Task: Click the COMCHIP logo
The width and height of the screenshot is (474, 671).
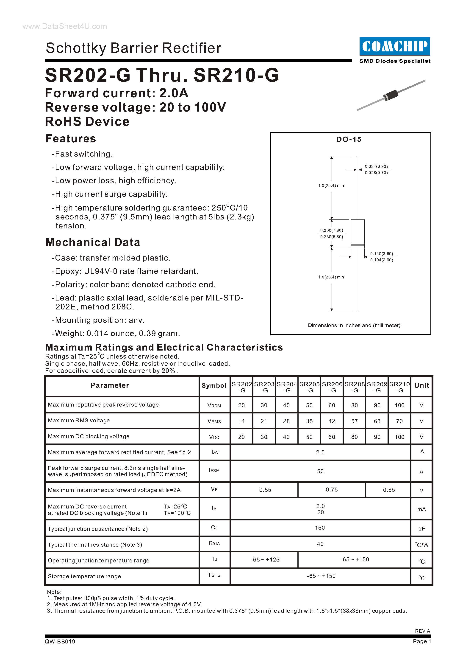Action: click(x=395, y=46)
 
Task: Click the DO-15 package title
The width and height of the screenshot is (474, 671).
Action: click(x=349, y=139)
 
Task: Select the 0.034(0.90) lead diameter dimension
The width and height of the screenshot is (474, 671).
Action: click(x=376, y=166)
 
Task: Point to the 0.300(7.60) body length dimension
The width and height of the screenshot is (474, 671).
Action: click(x=332, y=230)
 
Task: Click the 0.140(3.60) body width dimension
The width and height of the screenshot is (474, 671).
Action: click(x=382, y=253)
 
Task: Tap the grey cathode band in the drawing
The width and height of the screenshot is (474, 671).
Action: click(x=358, y=245)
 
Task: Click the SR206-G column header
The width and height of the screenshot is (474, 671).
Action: click(x=332, y=387)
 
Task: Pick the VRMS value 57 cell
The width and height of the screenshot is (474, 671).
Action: click(x=354, y=421)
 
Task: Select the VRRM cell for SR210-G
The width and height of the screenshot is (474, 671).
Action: click(x=399, y=405)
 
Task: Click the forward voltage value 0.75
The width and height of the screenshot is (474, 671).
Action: click(x=332, y=489)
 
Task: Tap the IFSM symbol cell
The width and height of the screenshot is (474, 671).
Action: click(x=214, y=470)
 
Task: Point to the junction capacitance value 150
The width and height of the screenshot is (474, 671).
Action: click(x=320, y=528)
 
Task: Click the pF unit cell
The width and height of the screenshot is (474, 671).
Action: click(x=421, y=528)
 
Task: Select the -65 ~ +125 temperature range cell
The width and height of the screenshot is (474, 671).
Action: click(x=265, y=559)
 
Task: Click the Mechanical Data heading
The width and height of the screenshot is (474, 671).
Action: click(x=93, y=242)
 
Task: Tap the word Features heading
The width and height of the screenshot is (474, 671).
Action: click(x=71, y=138)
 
